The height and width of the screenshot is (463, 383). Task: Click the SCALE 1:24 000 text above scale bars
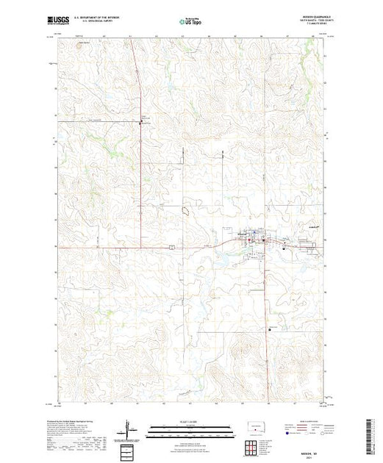(x=190, y=423)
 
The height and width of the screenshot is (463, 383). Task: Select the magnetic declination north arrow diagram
(x=130, y=427)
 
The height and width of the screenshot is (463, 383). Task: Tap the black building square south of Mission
(x=270, y=329)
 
